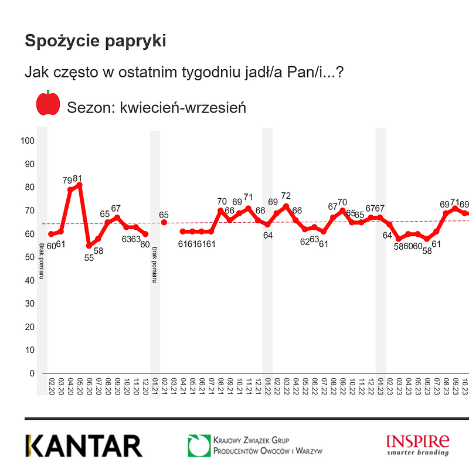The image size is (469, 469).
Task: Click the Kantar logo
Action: pos(83,446)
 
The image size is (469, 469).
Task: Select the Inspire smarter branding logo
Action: pos(417,444)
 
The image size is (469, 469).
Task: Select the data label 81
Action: pos(78,178)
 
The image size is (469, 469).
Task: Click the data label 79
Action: pos(67,181)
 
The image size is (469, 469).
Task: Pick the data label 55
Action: pos(89,256)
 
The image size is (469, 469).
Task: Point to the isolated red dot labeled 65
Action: pos(164,222)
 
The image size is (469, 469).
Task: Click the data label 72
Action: pos(286,196)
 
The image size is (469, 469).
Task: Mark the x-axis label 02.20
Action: pos(52,385)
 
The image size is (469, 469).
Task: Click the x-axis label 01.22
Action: pos(267,385)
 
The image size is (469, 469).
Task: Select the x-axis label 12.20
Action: pos(145,385)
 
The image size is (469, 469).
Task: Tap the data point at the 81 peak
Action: pos(79,185)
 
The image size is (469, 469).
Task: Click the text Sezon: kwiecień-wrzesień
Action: pos(156,108)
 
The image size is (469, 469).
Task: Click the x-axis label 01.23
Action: pos(380,385)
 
